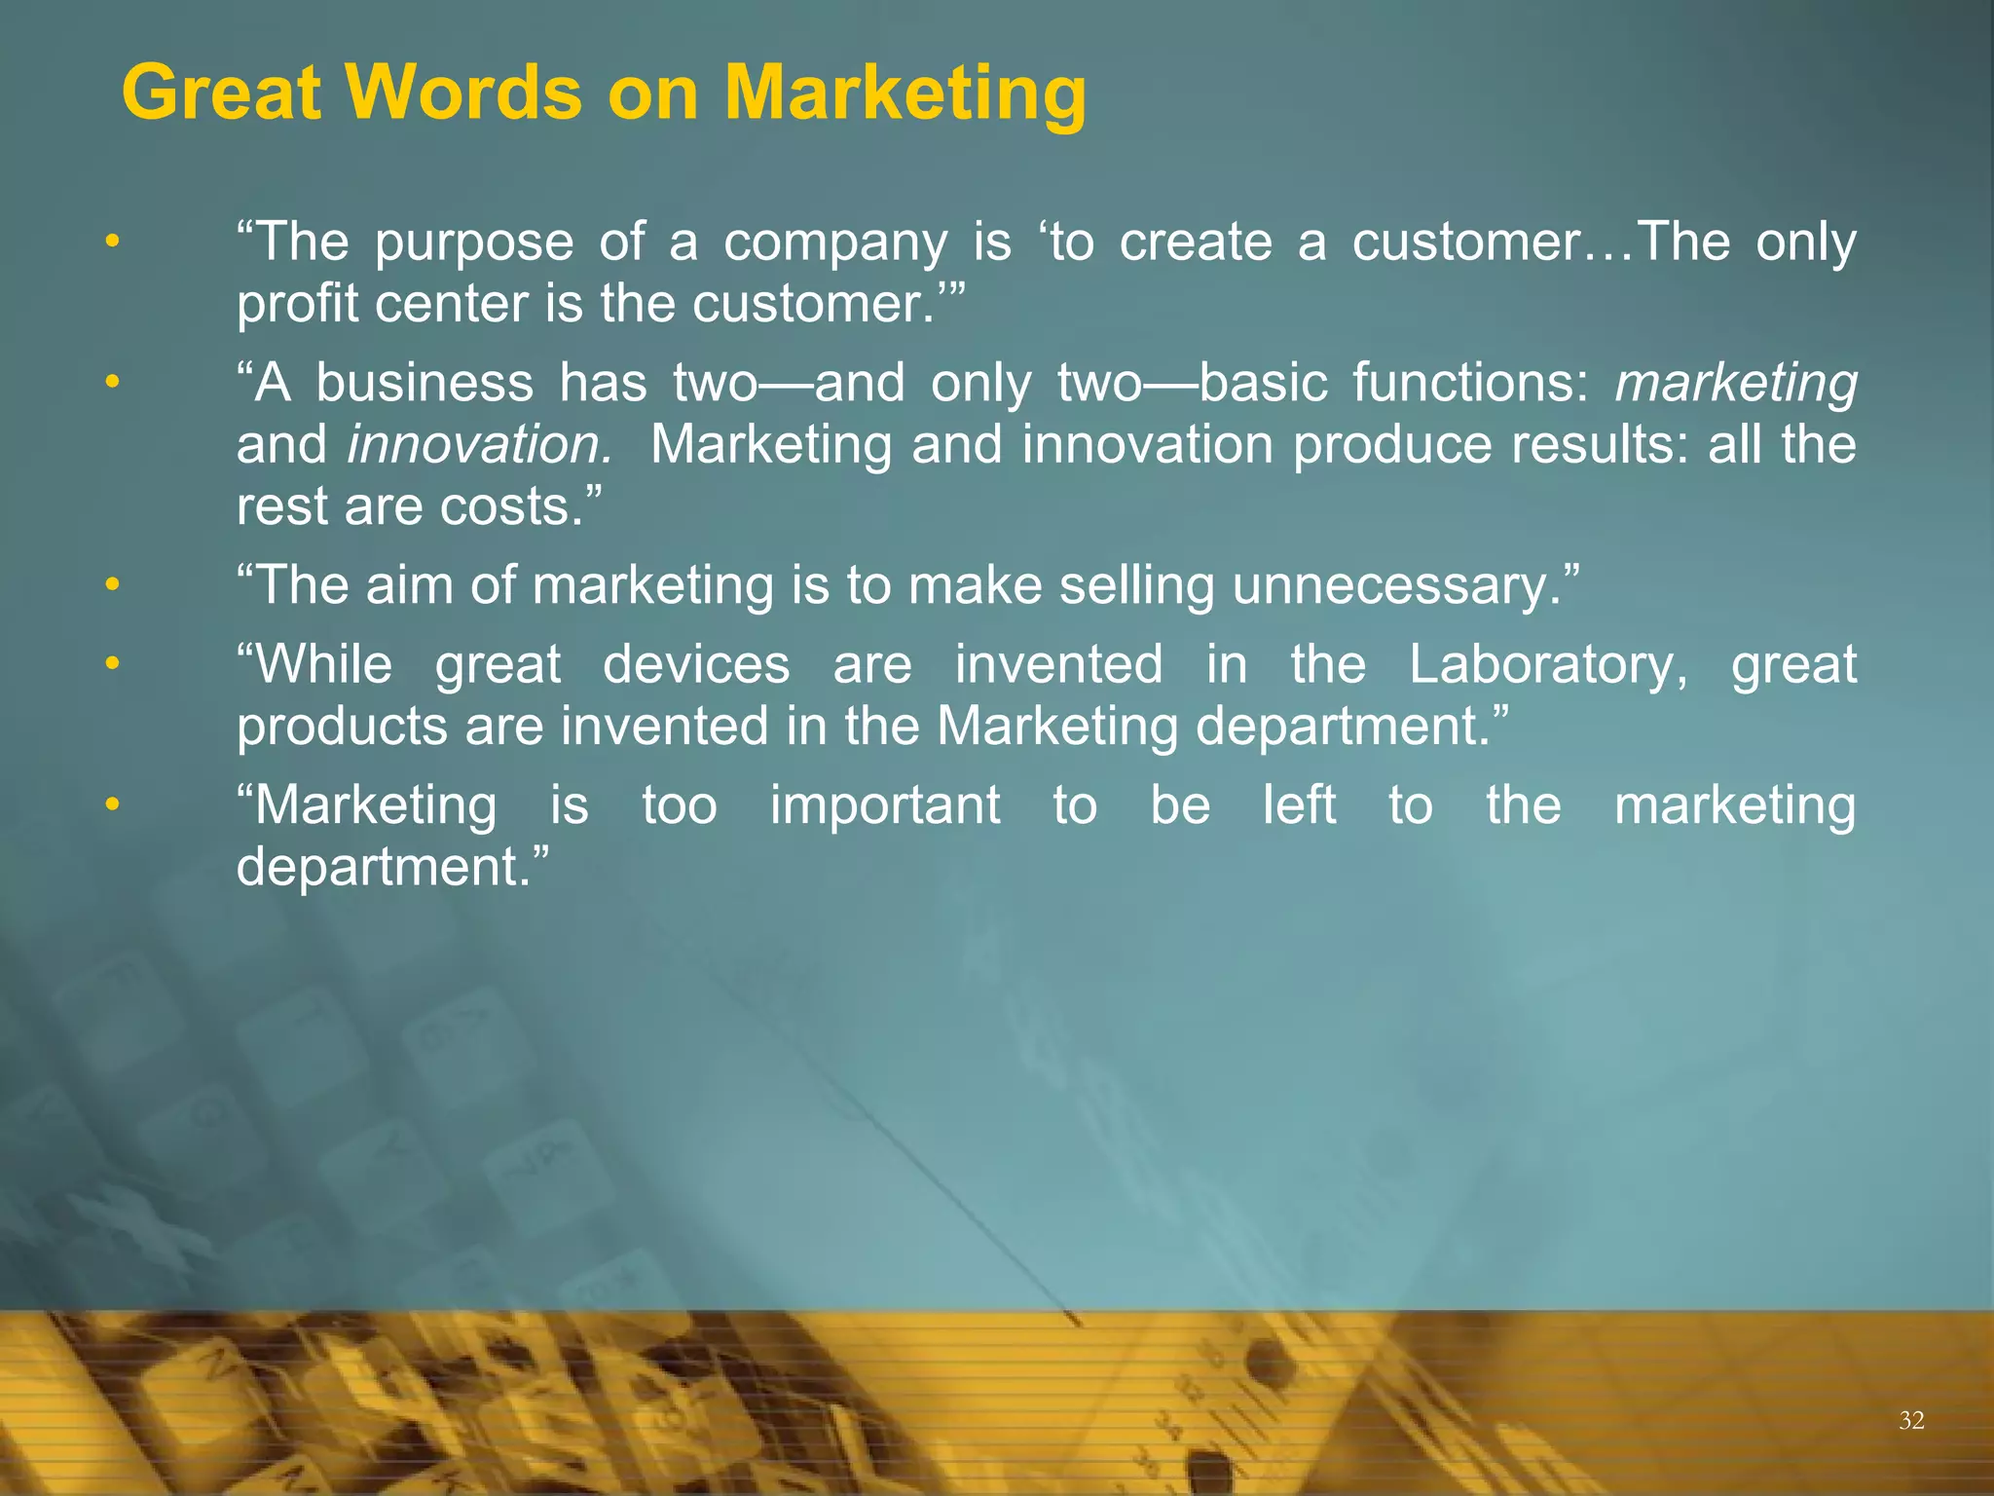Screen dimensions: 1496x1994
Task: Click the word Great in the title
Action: point(221,93)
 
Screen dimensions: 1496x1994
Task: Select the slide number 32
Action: point(1911,1420)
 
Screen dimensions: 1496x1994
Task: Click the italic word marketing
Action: point(1735,383)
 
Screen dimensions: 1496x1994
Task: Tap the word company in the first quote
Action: point(834,243)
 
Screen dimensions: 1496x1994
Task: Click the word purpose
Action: point(474,243)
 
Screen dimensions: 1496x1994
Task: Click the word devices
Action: point(696,665)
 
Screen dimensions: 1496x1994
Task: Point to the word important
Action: point(885,805)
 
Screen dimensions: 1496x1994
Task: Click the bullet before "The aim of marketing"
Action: point(113,585)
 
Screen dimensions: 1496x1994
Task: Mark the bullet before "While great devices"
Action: point(113,664)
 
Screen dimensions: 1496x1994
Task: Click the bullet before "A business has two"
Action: point(113,382)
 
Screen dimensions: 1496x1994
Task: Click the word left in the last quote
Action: point(1299,805)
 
